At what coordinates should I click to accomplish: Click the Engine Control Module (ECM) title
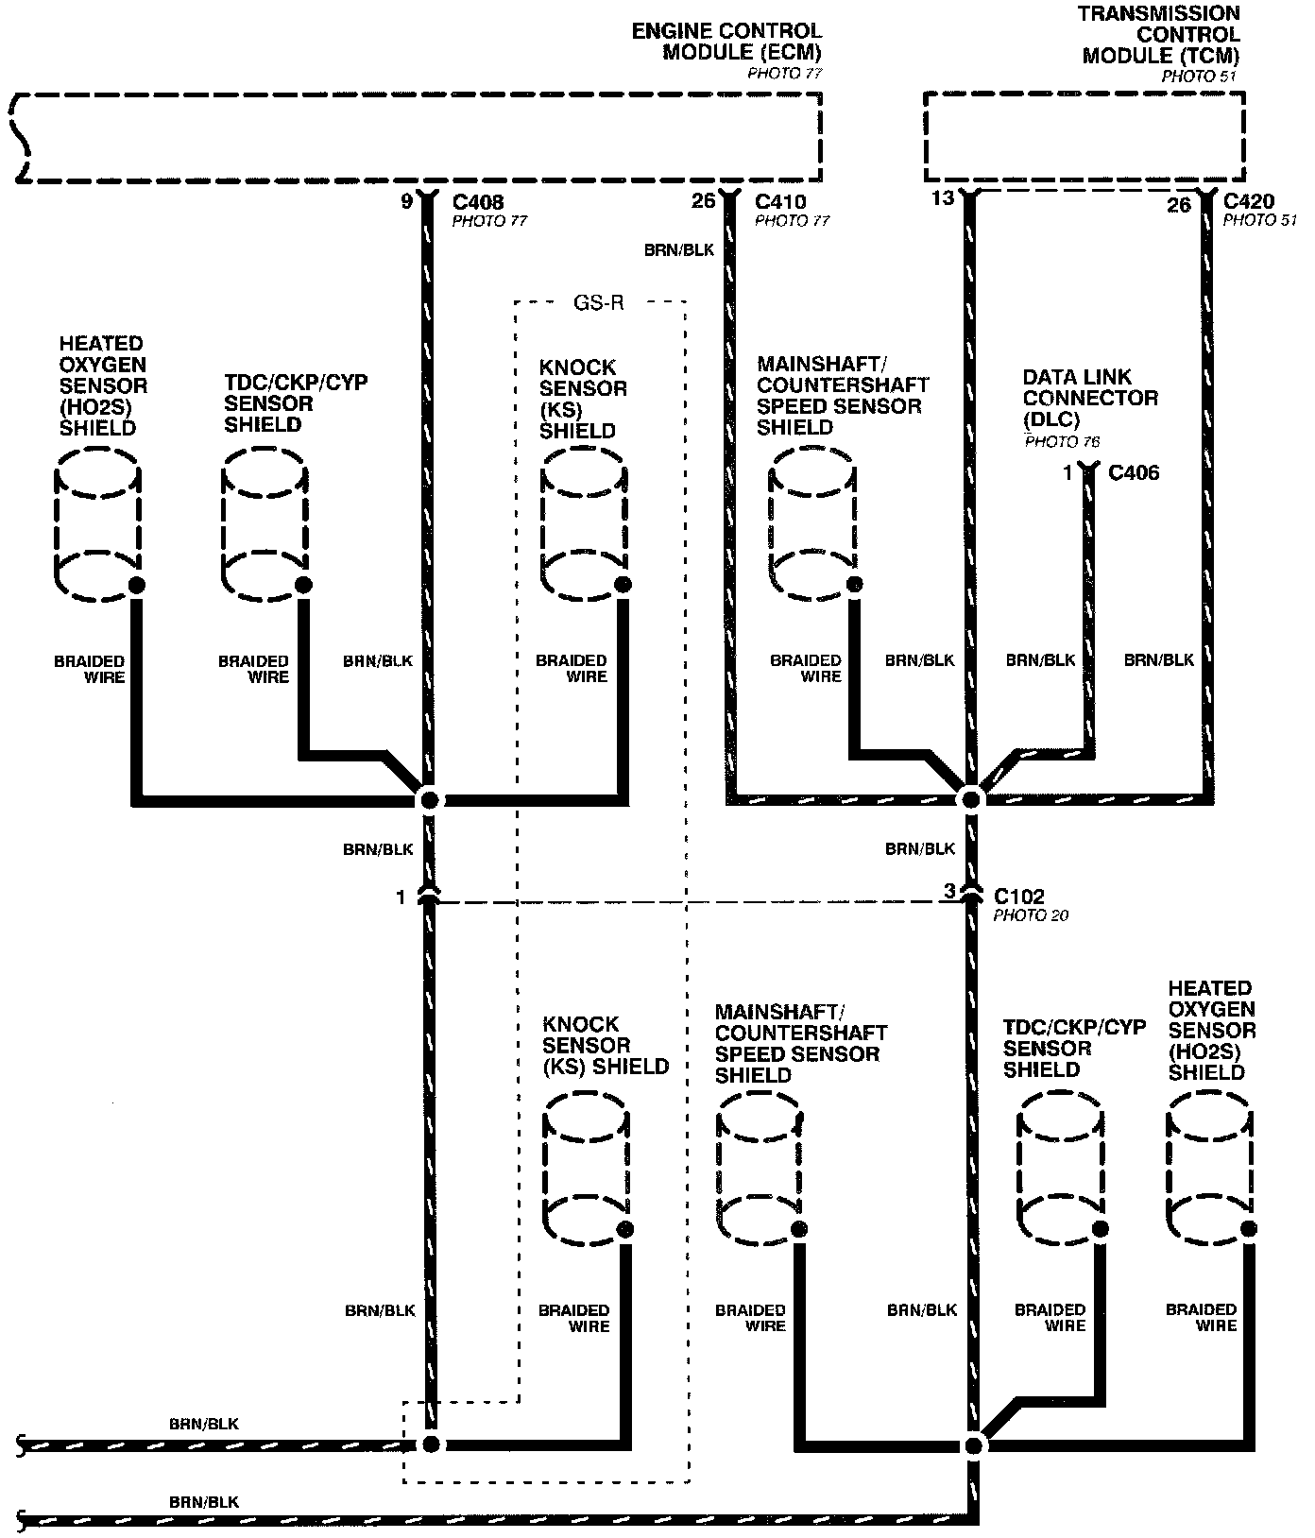pos(726,43)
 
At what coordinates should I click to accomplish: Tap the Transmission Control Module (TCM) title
pos(1159,35)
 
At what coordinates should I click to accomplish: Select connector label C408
pos(478,202)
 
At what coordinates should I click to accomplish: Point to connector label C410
pos(780,202)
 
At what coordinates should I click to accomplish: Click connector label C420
pos(1248,202)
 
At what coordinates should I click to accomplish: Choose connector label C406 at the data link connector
pos(1133,472)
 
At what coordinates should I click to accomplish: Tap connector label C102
pos(1019,896)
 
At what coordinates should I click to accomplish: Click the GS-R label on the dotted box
pos(599,303)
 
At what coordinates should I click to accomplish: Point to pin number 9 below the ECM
pos(406,201)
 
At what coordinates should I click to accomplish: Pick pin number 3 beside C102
pos(949,891)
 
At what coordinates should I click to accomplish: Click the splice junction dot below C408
pos(429,801)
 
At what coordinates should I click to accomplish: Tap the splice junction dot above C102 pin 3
pos(970,799)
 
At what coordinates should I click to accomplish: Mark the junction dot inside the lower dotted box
pos(430,1444)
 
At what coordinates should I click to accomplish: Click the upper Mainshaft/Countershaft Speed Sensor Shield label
pos(842,395)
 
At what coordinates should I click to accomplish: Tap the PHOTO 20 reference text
pos(1031,915)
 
